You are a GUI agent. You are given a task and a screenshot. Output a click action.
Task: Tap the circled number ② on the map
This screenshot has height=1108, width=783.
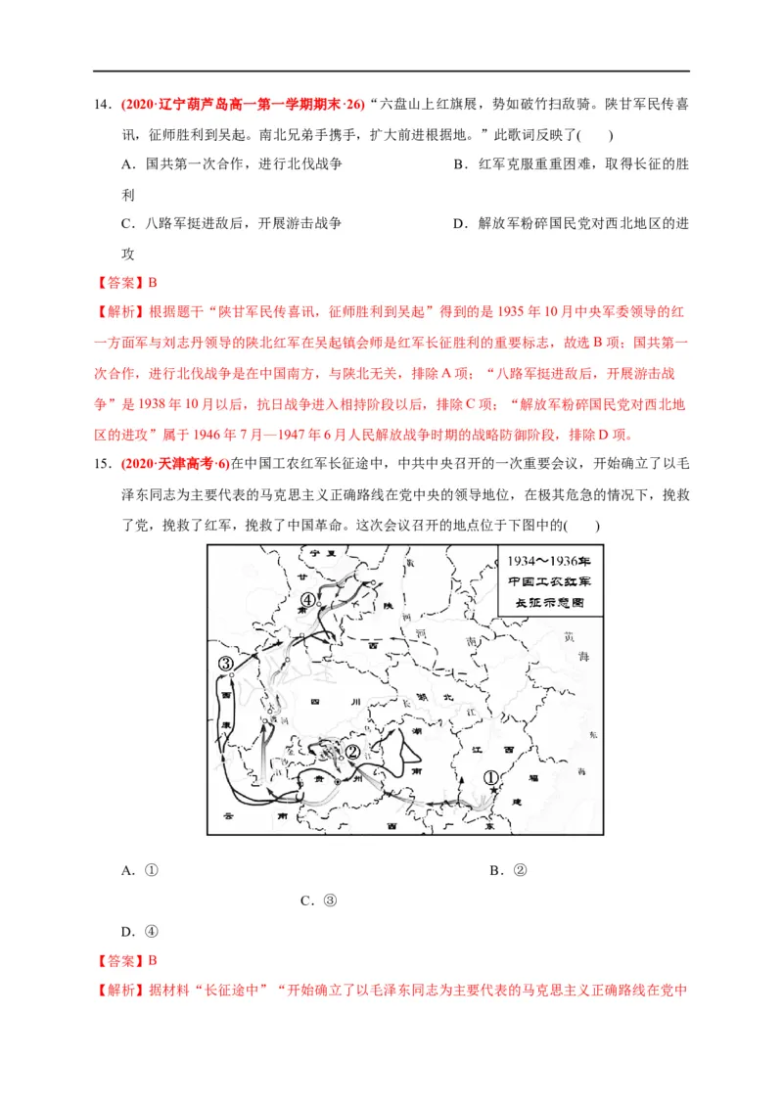(x=352, y=752)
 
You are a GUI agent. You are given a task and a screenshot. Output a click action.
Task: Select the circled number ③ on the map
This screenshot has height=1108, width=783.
(x=226, y=665)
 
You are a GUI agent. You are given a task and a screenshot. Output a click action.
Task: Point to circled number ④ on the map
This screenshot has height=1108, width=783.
(x=307, y=600)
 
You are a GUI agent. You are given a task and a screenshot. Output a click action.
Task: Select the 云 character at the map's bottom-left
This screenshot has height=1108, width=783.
(x=227, y=814)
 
